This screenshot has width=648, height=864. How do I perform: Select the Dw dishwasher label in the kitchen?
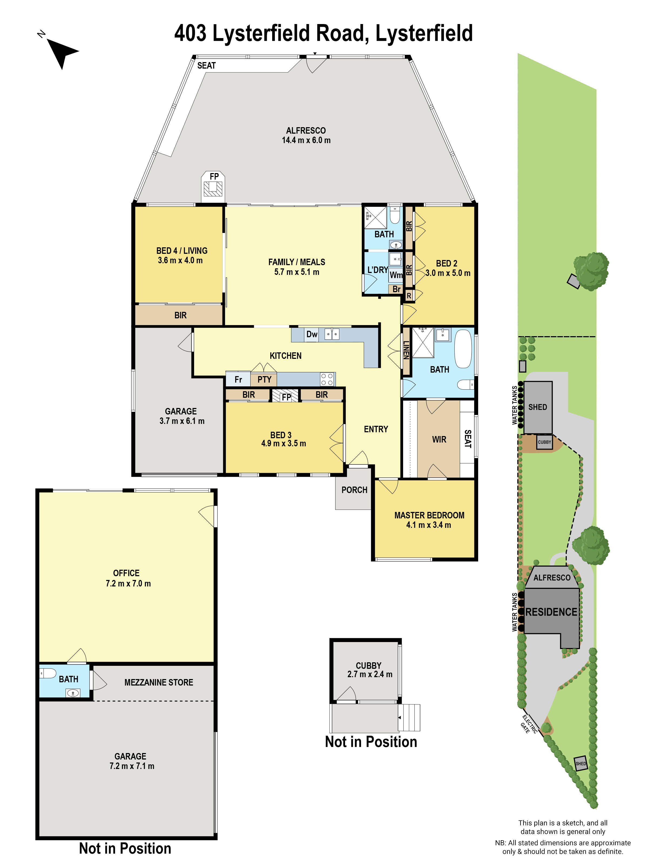tap(311, 334)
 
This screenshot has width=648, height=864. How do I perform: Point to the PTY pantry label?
tap(264, 379)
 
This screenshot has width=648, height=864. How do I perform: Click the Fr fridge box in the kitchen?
tap(238, 379)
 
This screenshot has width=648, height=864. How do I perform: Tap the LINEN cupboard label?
tap(406, 350)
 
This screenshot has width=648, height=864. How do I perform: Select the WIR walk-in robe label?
tap(439, 439)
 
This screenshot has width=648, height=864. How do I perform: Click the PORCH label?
tap(354, 490)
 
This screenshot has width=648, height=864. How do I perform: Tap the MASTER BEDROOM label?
tap(429, 515)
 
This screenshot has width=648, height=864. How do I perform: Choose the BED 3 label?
tap(281, 435)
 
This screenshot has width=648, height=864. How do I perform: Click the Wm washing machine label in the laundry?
tap(395, 275)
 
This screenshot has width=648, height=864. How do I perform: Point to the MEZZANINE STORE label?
tap(158, 682)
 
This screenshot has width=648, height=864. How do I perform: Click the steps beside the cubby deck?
tap(409, 718)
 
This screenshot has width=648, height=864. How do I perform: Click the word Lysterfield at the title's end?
tap(424, 33)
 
